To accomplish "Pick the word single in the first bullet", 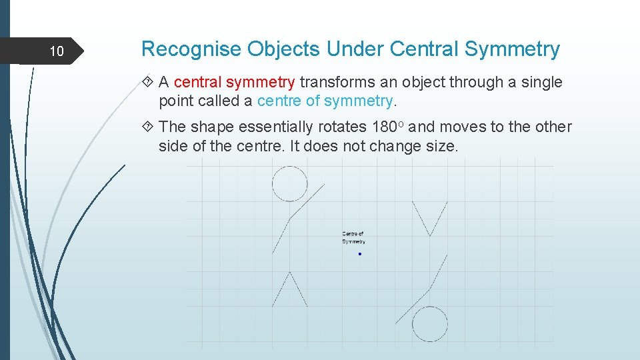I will point(541,83).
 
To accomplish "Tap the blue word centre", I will point(278,101).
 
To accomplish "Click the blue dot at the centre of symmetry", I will point(360,254).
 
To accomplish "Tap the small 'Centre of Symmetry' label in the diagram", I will point(353,237).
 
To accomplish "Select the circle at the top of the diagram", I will point(290,183).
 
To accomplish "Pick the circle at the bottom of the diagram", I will point(429,324).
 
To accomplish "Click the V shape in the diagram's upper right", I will point(429,218).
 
